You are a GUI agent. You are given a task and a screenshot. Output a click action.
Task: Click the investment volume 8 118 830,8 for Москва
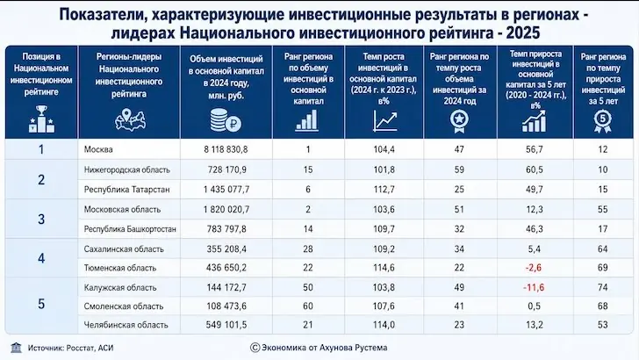coord(226,149)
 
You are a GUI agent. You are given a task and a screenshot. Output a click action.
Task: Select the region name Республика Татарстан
coord(126,190)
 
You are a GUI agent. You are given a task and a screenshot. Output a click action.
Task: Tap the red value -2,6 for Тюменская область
coord(534,268)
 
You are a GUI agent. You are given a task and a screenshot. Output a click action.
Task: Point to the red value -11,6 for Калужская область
coord(534,287)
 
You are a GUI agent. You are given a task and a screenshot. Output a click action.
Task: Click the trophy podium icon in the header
coord(41,119)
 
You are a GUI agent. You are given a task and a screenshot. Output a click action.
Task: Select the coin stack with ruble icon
coord(226,120)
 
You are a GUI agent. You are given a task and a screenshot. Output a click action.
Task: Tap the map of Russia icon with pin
coord(130,120)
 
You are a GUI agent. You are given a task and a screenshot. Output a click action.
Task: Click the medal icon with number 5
coord(603,121)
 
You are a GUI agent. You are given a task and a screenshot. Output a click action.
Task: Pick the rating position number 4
coord(41,258)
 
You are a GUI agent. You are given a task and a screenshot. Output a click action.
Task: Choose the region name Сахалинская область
coord(124,249)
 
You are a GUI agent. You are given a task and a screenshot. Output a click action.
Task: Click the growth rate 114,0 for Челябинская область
coord(384,325)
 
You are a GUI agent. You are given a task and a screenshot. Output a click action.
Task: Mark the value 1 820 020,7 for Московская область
coord(226,210)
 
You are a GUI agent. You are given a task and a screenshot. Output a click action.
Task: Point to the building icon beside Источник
coord(17,348)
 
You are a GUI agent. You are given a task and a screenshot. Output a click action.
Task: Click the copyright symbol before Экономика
coord(255,348)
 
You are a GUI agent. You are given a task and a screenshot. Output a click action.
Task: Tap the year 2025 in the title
coord(523,32)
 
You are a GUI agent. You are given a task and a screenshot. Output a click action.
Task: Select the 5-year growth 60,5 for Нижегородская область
coord(535,169)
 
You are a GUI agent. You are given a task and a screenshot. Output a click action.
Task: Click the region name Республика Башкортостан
coord(130,229)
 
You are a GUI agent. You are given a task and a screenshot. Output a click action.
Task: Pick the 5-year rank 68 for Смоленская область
coord(603,306)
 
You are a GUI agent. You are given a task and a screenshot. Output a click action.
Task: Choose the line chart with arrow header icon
coord(384,121)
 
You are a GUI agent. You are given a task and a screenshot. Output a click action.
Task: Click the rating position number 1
coord(41,149)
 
